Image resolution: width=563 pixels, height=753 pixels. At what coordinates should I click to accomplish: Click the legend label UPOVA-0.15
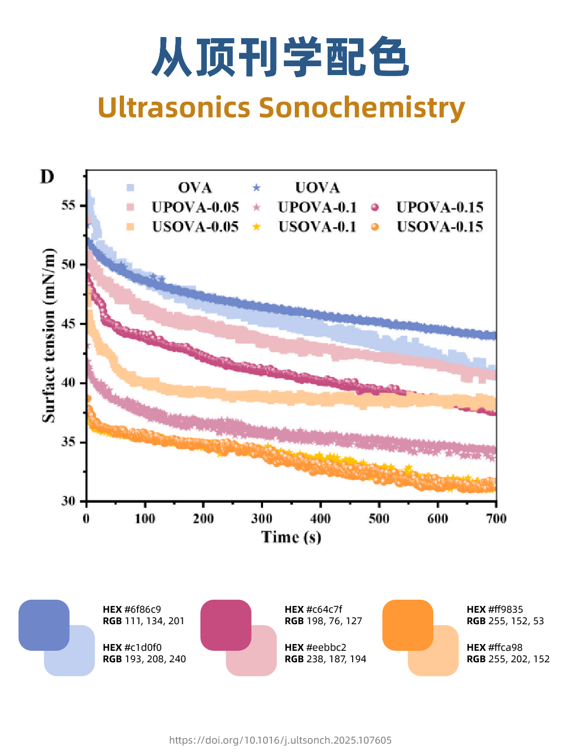[x=440, y=208]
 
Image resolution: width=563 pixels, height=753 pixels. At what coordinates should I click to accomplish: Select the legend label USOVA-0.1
[x=317, y=227]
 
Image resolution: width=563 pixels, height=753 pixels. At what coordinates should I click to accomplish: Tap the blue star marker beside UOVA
[x=256, y=188]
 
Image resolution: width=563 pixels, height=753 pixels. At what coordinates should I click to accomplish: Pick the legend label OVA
[x=195, y=188]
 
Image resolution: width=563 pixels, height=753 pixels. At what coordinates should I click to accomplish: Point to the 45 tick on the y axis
[x=69, y=324]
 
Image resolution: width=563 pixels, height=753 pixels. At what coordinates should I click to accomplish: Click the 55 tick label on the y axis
[x=69, y=205]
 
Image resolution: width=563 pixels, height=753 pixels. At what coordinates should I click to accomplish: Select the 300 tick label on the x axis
[x=261, y=518]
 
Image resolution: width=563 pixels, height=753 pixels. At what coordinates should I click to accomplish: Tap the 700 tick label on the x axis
[x=496, y=518]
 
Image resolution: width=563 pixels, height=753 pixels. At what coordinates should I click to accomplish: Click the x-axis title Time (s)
[x=291, y=537]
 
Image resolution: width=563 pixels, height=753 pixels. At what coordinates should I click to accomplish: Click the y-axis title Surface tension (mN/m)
[x=49, y=335]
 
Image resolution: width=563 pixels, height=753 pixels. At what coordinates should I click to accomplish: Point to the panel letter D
[x=47, y=177]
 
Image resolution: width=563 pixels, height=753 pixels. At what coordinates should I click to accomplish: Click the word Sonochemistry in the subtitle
[x=361, y=107]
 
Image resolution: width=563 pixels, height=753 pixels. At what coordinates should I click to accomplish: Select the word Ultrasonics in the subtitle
[x=174, y=107]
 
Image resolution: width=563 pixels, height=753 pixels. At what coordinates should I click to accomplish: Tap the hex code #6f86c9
[x=142, y=609]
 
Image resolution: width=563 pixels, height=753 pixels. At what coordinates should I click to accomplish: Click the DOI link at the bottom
[x=280, y=740]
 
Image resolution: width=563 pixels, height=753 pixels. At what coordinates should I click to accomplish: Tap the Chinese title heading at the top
[x=281, y=57]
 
